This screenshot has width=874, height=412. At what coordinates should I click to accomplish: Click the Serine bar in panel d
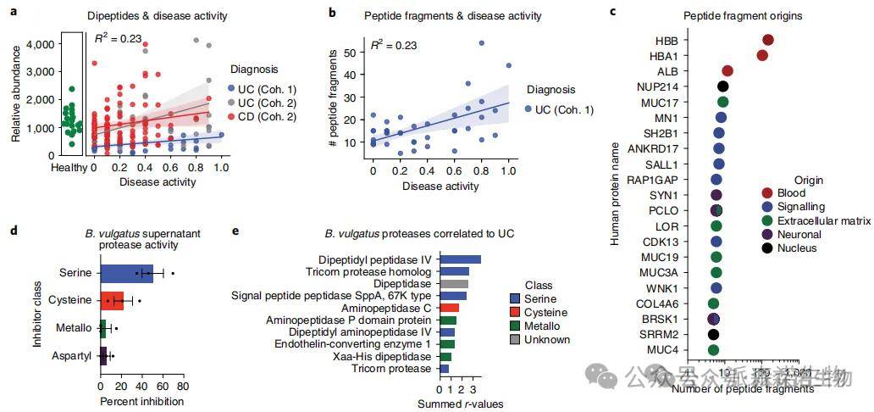click(x=125, y=274)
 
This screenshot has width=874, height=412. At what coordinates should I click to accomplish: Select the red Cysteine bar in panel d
click(x=112, y=299)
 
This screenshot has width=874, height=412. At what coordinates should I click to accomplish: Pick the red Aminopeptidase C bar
click(x=449, y=308)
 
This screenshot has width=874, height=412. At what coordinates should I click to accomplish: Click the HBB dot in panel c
click(x=768, y=41)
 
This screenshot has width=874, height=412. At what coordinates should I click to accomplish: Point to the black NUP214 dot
click(x=723, y=86)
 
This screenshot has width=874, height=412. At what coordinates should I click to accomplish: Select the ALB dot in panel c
click(x=727, y=71)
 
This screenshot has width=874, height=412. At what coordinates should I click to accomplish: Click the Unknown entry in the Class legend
click(x=543, y=340)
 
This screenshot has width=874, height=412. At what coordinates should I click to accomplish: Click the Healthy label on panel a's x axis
click(x=67, y=168)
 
